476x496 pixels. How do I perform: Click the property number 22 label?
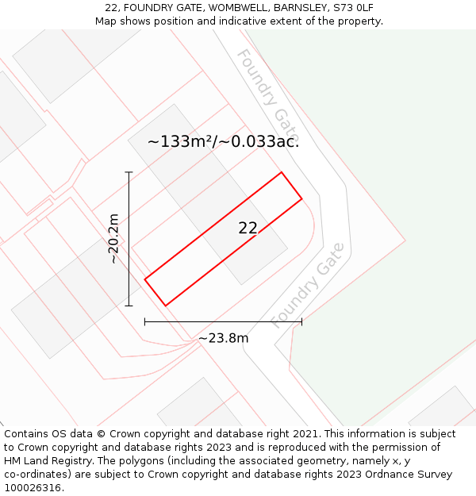[x=248, y=229]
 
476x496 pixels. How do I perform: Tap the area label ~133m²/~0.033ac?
[x=223, y=142]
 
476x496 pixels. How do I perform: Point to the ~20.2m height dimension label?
[x=113, y=238]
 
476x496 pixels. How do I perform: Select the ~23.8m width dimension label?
[x=223, y=339]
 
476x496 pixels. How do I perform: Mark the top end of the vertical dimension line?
[x=129, y=171]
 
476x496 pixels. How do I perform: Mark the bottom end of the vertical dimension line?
[x=129, y=306]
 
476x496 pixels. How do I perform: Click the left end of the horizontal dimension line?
[x=144, y=321]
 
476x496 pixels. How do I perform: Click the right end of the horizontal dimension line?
[x=301, y=321]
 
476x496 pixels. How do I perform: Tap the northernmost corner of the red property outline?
[x=282, y=172]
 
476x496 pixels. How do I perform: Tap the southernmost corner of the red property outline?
[x=166, y=306]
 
